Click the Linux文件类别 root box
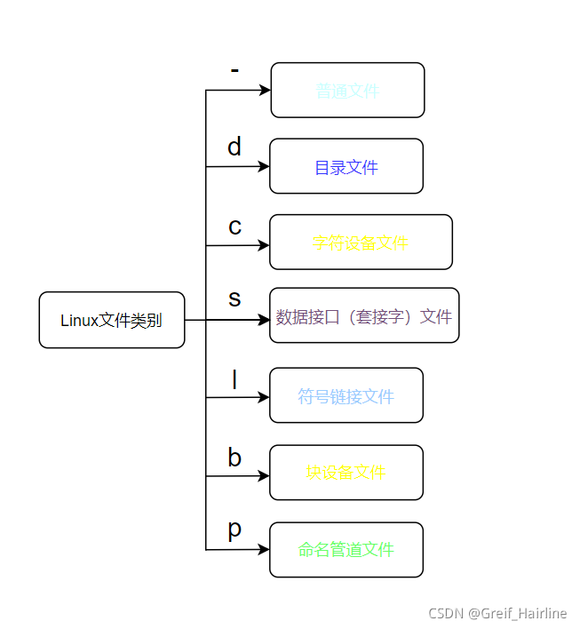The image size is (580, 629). coord(112,320)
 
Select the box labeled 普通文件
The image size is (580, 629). coord(347,90)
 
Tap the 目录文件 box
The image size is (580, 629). coord(346,166)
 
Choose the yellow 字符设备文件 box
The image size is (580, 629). coord(361,242)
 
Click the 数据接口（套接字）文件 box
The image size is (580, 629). coord(364,315)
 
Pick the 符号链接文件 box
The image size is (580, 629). coord(346,395)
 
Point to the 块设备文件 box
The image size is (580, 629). coord(346,473)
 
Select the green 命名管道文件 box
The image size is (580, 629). coord(346,549)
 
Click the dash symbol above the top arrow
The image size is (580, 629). coord(234,70)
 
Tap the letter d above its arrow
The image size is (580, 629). coord(234,147)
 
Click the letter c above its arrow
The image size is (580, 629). coord(234,227)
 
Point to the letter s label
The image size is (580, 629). coord(234,298)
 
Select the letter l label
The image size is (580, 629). coord(234,379)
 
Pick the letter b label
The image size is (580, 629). coord(234,458)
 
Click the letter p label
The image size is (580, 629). coord(234,530)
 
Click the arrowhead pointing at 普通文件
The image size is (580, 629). coord(265,90)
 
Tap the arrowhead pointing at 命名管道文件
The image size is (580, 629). coord(264,549)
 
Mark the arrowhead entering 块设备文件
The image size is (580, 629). coord(264,475)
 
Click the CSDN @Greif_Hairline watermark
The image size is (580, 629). coord(497,614)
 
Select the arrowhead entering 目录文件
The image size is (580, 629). coord(264,166)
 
